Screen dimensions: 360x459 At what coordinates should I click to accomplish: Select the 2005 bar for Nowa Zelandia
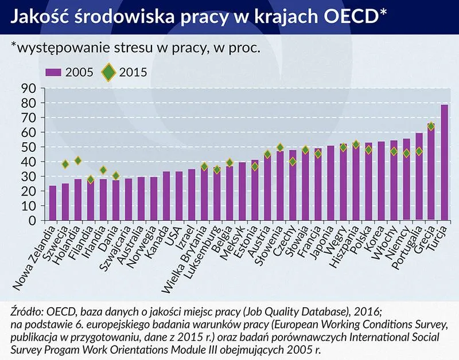[53, 203]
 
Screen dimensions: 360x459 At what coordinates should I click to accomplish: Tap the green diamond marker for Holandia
[78, 161]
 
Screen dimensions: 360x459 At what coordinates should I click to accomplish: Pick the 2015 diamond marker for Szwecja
[65, 164]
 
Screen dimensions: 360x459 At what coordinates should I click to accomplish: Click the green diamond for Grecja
[431, 126]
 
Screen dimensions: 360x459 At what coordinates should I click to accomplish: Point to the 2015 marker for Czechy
[293, 162]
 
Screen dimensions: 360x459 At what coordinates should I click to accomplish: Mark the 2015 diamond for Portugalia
[419, 151]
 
